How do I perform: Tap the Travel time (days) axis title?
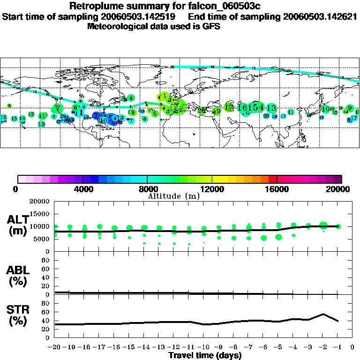point(205,355)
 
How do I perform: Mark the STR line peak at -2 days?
point(323,314)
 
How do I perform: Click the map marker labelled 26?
point(202,111)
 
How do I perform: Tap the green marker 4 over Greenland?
point(131,98)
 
